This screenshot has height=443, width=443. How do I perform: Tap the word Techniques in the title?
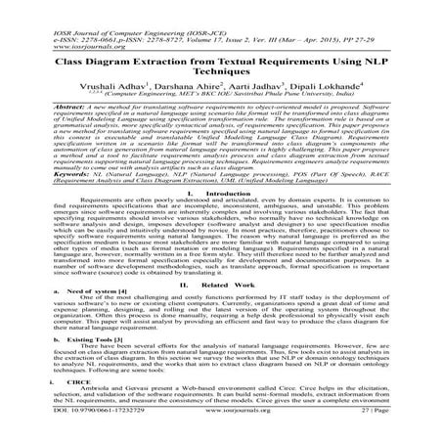221,72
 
